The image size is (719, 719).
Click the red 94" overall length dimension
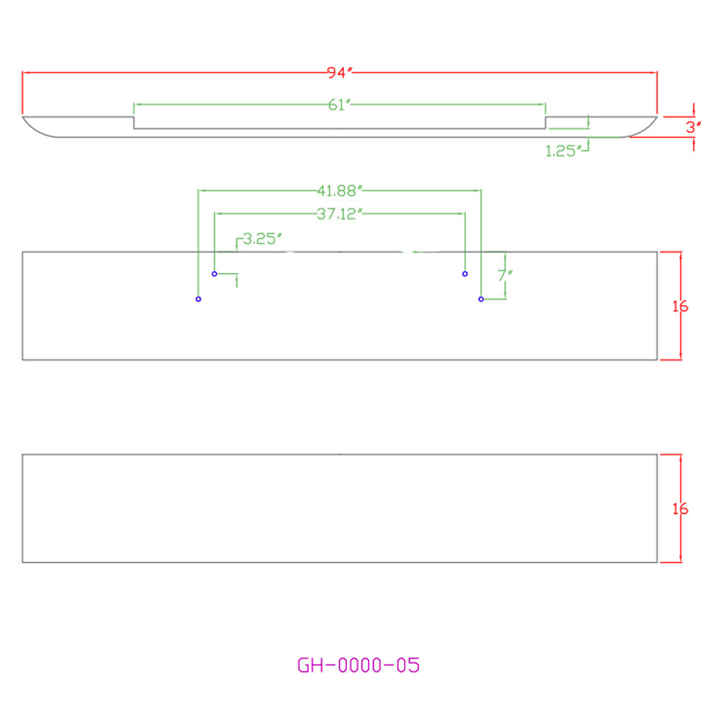(x=340, y=73)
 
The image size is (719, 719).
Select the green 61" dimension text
(x=339, y=104)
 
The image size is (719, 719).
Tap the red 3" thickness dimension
(x=693, y=127)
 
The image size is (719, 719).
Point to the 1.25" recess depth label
(x=563, y=150)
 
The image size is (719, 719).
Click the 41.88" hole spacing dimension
(x=339, y=191)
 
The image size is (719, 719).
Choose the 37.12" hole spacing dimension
(x=339, y=214)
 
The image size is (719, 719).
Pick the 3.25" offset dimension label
(x=262, y=239)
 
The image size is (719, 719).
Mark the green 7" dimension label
(x=505, y=275)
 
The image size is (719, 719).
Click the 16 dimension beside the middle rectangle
(x=680, y=306)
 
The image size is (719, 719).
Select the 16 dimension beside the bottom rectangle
(x=680, y=508)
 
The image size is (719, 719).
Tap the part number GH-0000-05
(x=358, y=665)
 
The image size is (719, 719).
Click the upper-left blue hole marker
(x=214, y=274)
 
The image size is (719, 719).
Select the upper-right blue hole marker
(x=465, y=274)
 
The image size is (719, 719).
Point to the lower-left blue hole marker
(x=198, y=299)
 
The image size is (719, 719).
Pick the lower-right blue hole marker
(x=481, y=299)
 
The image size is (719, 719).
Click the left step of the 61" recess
(x=134, y=122)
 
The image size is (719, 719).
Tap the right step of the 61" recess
(x=546, y=122)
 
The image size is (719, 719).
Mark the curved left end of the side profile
(x=37, y=131)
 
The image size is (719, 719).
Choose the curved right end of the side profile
(x=644, y=131)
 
